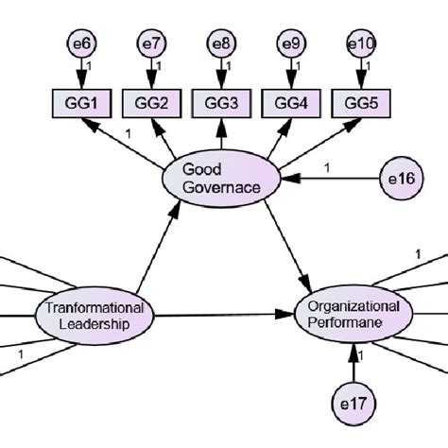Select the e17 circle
[x=353, y=404]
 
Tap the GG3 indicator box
[x=218, y=102]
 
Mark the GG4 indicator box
[x=288, y=102]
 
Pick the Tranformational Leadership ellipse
[x=95, y=315]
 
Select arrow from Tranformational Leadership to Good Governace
[x=157, y=249]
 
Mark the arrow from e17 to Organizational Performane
[x=353, y=361]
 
